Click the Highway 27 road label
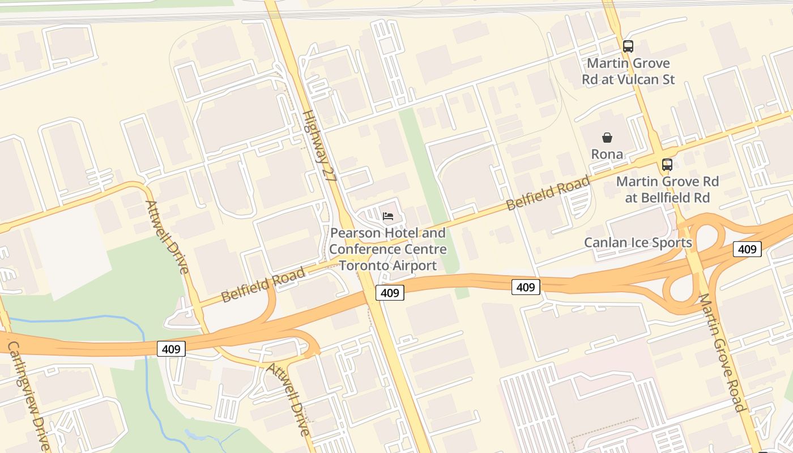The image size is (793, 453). (319, 146)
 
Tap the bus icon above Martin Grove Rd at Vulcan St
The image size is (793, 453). (628, 46)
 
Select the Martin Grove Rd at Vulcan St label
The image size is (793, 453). (628, 71)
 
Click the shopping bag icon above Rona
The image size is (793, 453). (607, 138)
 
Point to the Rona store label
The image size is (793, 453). (607, 154)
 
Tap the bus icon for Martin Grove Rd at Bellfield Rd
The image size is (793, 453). (667, 165)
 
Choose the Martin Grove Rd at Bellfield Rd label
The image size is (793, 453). (667, 190)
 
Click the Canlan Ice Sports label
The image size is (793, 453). (638, 243)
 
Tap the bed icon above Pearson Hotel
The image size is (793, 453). (388, 216)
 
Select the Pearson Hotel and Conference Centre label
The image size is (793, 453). (388, 249)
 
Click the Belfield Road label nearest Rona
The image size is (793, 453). (548, 194)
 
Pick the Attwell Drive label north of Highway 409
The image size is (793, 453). (167, 237)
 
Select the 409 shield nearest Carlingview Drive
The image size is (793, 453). (171, 349)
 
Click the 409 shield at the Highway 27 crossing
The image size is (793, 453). (390, 293)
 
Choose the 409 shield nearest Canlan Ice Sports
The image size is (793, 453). (747, 249)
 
